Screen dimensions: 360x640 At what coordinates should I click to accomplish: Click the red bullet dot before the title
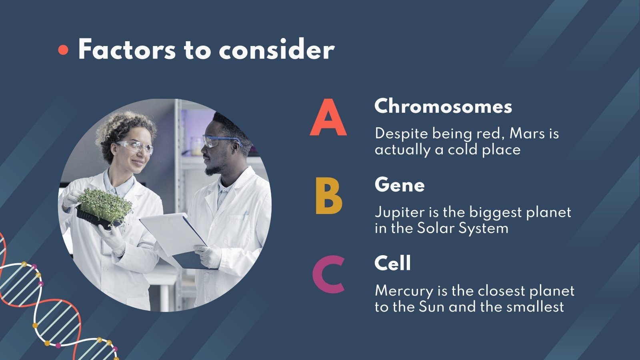[x=63, y=50]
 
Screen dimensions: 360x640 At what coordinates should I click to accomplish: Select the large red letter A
[x=328, y=118]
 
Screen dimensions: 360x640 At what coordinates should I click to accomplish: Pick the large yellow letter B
[x=328, y=196]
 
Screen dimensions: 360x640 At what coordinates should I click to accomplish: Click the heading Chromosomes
[x=443, y=106]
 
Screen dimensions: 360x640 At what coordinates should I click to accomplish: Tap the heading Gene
[x=399, y=185]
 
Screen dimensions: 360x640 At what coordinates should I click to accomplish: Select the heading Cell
[x=392, y=263]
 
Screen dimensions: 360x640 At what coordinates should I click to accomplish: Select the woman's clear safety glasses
[x=136, y=146]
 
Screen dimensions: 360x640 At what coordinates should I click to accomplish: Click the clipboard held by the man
[x=176, y=236]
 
